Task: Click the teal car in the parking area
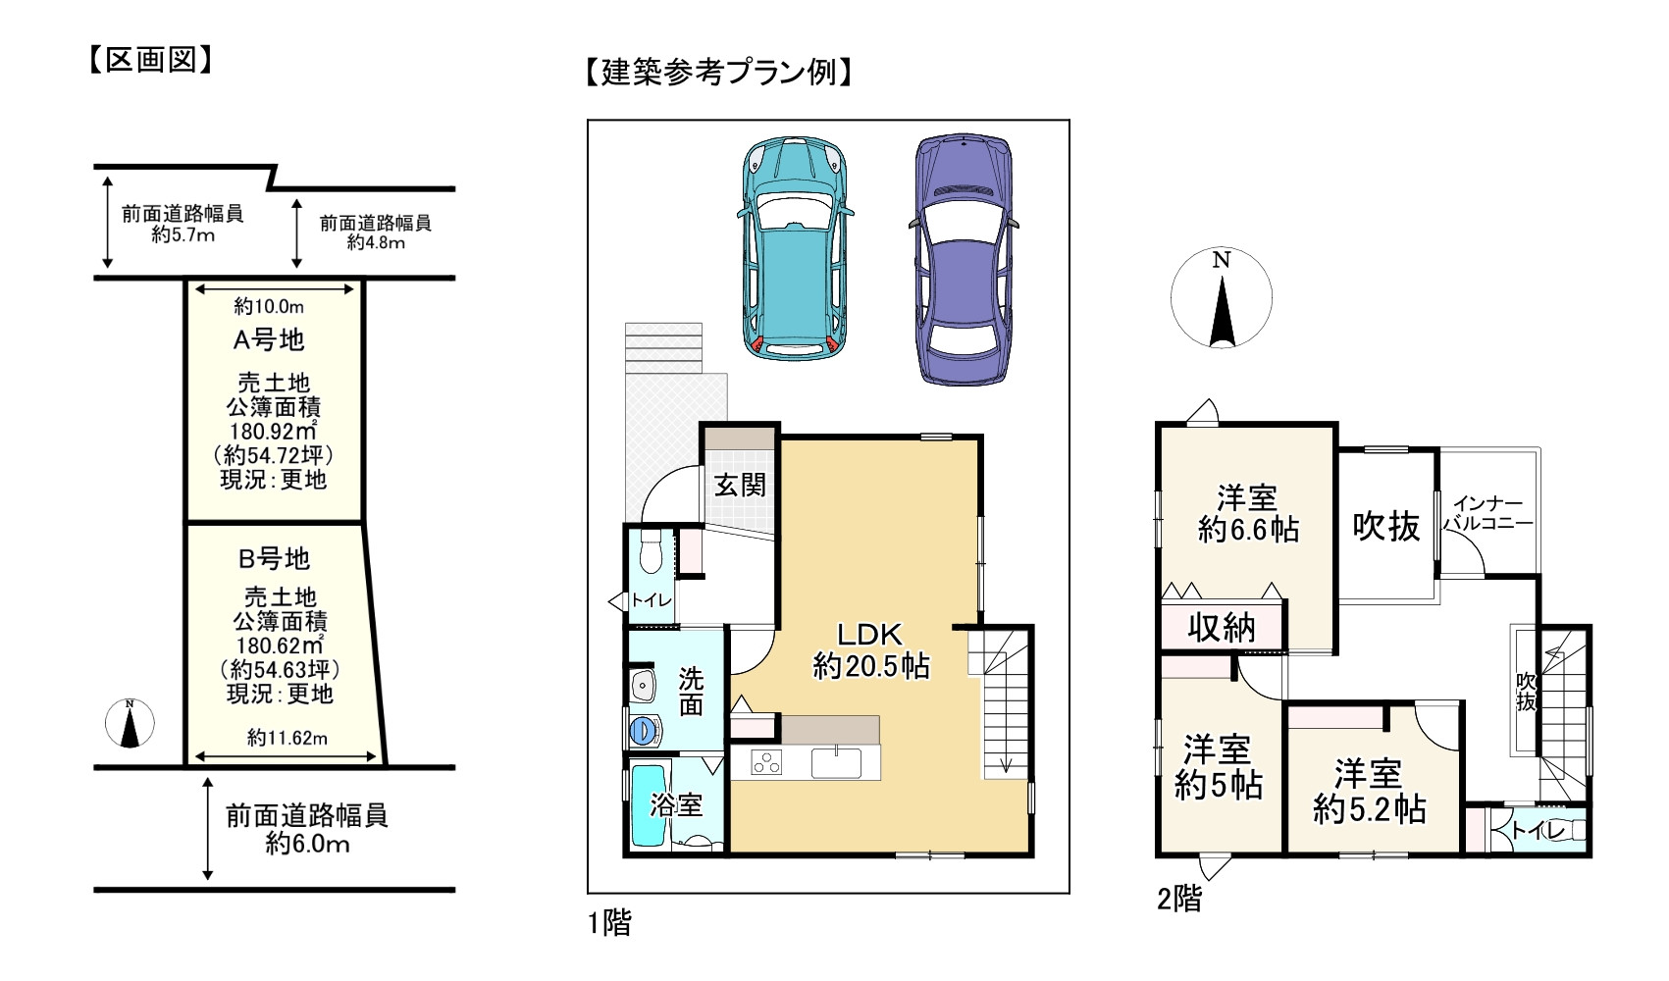pyautogui.click(x=794, y=248)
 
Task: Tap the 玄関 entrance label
pyautogui.click(x=740, y=485)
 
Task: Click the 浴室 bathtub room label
pyautogui.click(x=677, y=806)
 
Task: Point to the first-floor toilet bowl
pyautogui.click(x=648, y=555)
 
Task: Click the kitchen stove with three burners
pyautogui.click(x=766, y=762)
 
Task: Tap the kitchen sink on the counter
pyautogui.click(x=836, y=761)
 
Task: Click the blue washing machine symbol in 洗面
pyautogui.click(x=643, y=730)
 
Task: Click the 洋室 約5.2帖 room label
pyautogui.click(x=1369, y=792)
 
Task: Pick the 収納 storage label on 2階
pyautogui.click(x=1222, y=627)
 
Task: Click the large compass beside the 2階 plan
pyautogui.click(x=1221, y=298)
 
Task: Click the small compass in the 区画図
pyautogui.click(x=130, y=723)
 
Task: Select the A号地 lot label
pyautogui.click(x=268, y=340)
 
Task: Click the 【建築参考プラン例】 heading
pyautogui.click(x=715, y=73)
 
